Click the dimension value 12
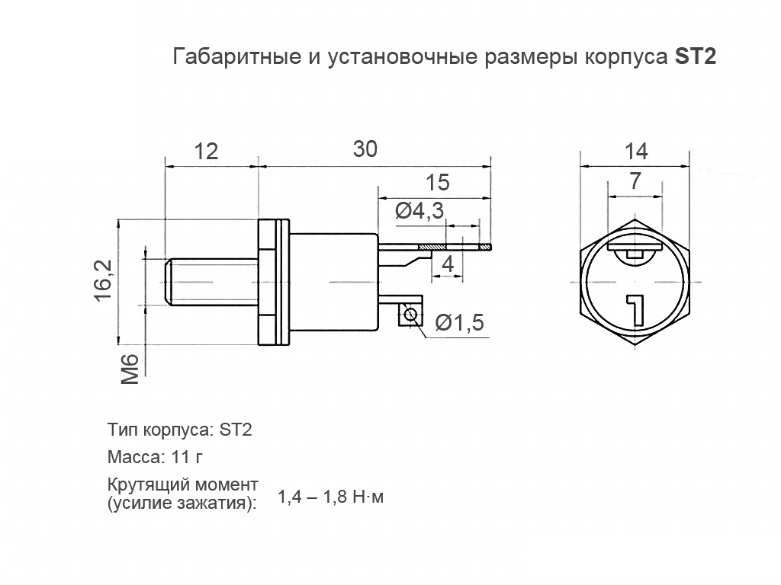[206, 151]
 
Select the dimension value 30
[365, 149]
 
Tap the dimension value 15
[438, 183]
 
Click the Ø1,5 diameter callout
[460, 323]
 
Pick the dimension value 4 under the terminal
[448, 265]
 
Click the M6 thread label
[130, 369]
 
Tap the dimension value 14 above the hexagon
[635, 151]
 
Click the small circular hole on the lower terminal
[411, 315]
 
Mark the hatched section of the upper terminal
[432, 247]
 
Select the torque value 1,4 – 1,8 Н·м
[331, 497]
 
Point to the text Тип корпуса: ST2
[180, 429]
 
